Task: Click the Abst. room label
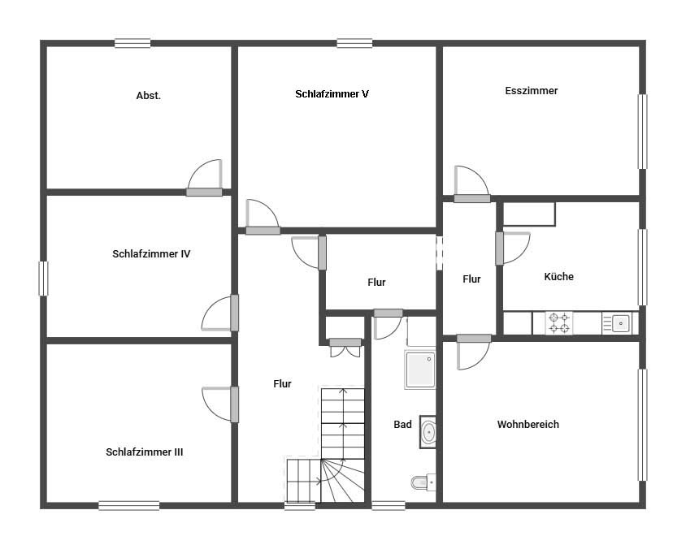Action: click(148, 95)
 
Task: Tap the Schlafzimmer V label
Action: click(332, 94)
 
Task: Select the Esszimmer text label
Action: click(531, 91)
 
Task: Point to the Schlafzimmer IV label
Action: click(151, 254)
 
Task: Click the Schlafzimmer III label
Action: click(145, 452)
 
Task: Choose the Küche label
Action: click(558, 276)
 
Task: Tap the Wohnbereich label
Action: click(528, 425)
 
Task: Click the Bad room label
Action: click(402, 425)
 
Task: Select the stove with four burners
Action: click(558, 323)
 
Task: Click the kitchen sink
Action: click(617, 323)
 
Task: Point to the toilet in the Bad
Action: click(423, 482)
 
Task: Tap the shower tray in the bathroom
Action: click(420, 370)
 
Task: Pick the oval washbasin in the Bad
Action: click(428, 432)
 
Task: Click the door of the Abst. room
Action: click(204, 179)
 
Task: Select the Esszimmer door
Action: click(471, 184)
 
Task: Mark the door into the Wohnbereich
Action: click(474, 352)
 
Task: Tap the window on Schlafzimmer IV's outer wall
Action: click(43, 279)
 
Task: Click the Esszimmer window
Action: click(642, 132)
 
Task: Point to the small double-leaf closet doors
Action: click(345, 348)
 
